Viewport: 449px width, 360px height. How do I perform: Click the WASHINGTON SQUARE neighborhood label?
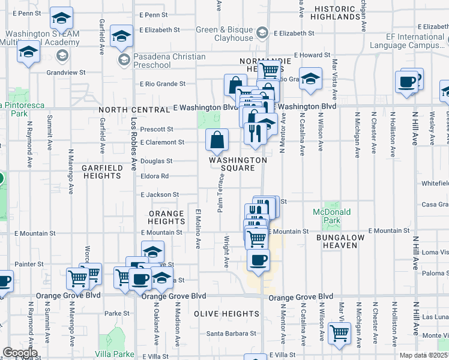(x=238, y=164)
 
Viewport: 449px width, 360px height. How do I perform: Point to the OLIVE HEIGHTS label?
(x=226, y=314)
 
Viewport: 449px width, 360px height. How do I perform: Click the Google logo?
(x=20, y=353)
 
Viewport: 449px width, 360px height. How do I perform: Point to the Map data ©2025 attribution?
(x=424, y=355)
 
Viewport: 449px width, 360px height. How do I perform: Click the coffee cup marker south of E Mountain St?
(x=259, y=261)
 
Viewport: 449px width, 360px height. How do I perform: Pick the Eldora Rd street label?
(x=155, y=176)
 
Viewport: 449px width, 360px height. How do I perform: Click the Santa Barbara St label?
(x=231, y=334)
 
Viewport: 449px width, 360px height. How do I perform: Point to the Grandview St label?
(x=66, y=72)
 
